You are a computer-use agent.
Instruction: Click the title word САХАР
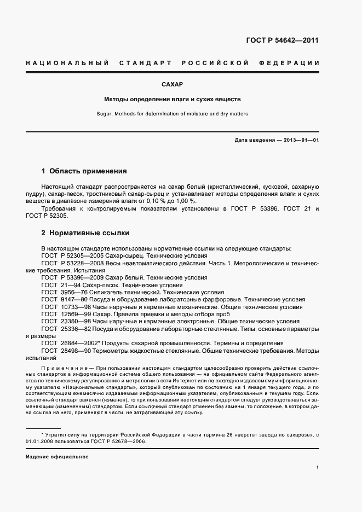click(x=172, y=85)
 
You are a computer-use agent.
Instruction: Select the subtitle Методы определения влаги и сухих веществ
click(x=172, y=100)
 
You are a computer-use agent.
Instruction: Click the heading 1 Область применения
click(x=84, y=171)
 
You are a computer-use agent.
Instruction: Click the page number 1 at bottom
click(x=318, y=467)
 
